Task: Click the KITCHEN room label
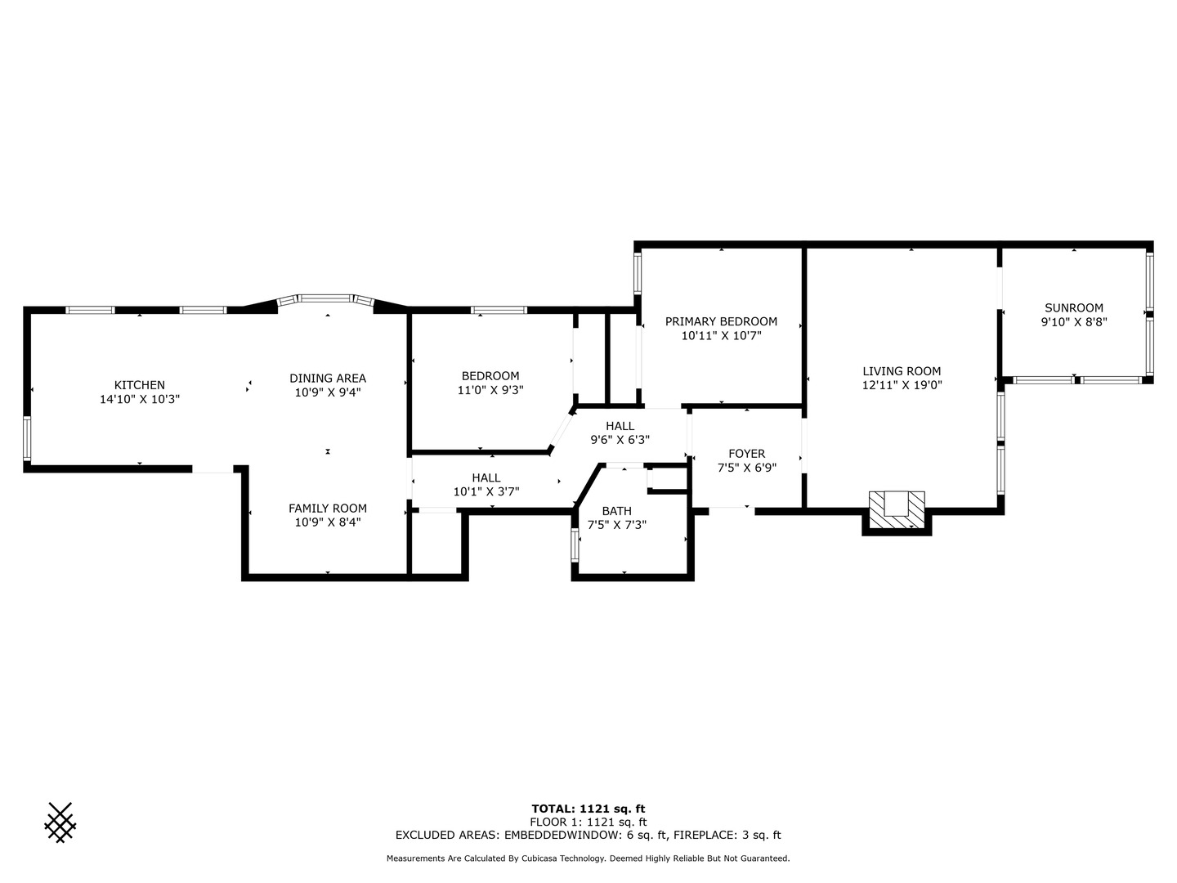(139, 385)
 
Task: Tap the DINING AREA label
(328, 378)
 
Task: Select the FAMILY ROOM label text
(327, 509)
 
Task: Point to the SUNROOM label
(1073, 308)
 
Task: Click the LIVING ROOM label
(902, 371)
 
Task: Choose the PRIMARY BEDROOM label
(721, 321)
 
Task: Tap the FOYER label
(746, 454)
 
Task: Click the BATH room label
(616, 511)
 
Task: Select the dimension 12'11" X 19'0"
(902, 385)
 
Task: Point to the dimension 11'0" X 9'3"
(490, 391)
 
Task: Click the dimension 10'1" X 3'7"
(486, 492)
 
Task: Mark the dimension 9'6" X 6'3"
(620, 440)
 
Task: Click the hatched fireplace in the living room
(897, 510)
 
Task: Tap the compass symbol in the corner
(60, 822)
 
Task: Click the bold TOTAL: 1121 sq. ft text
(588, 809)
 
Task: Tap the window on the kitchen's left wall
(27, 439)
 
